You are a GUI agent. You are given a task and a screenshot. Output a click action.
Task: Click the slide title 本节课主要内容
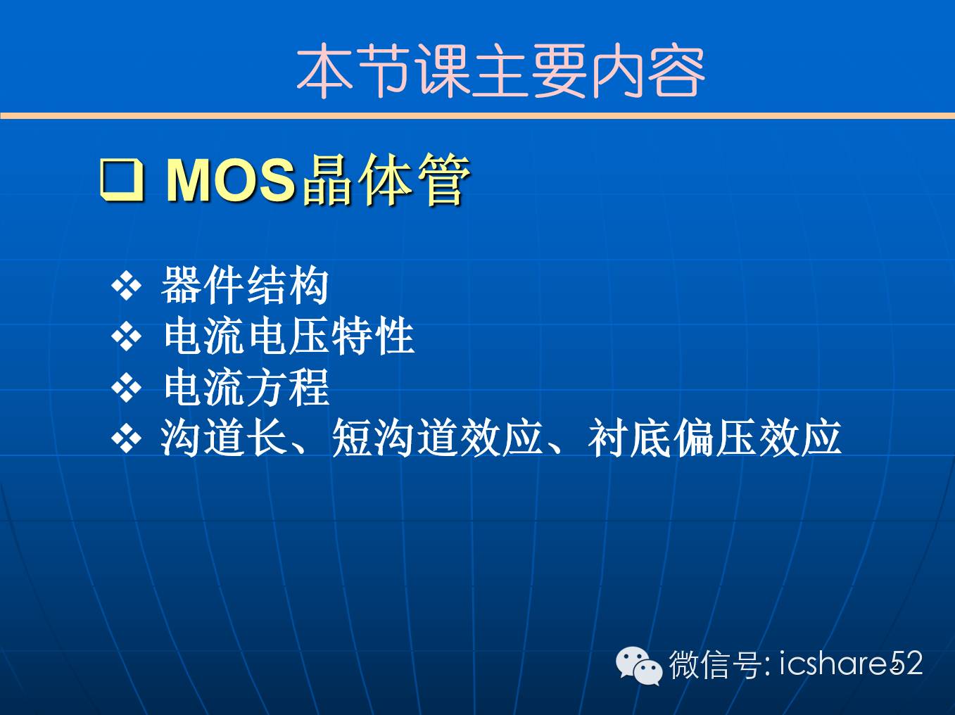[x=500, y=70]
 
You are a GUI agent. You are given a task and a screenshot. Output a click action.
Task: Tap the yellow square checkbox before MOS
[x=122, y=180]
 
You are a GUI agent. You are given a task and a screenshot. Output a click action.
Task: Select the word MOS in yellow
[x=231, y=180]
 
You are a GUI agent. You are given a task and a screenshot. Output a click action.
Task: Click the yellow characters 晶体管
[x=386, y=179]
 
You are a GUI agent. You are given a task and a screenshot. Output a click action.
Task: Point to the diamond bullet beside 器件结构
[x=126, y=286]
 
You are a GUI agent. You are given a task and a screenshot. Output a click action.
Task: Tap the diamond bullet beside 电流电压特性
[x=126, y=336]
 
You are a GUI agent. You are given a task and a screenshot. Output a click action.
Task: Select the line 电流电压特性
[x=289, y=336]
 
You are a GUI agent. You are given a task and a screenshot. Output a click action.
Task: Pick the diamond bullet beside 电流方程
[x=126, y=387]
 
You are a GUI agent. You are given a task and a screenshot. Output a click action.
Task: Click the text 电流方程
[x=247, y=386]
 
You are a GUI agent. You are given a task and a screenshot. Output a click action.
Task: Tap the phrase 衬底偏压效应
[x=714, y=438]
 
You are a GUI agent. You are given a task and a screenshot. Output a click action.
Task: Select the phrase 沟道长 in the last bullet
[x=224, y=438]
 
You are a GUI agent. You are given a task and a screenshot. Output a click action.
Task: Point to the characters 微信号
[x=715, y=664]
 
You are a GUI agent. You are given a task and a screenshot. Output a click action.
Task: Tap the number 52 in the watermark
[x=906, y=664]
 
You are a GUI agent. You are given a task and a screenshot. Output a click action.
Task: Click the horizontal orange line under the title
[x=477, y=115]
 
